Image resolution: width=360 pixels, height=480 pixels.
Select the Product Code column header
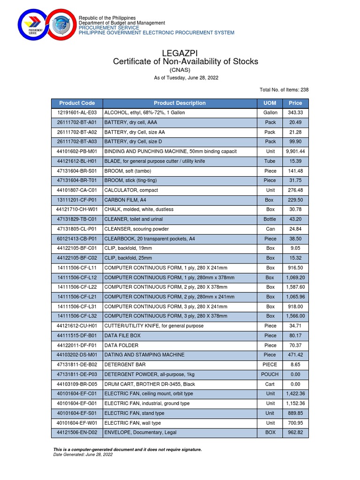point(77,103)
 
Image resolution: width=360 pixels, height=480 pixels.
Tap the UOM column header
point(270,103)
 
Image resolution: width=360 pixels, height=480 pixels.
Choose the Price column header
point(295,103)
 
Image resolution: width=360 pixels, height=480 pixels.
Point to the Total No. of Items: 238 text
point(284,90)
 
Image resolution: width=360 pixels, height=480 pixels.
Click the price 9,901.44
point(295,151)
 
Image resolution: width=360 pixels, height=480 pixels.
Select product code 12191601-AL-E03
point(77,113)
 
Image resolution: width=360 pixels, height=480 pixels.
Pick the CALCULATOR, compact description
point(131,190)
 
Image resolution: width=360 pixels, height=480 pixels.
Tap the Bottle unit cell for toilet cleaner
point(270,219)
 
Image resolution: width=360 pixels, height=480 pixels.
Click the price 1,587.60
point(295,287)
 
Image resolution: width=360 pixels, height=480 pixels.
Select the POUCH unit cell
point(270,375)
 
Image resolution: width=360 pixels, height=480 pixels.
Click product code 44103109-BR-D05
point(77,384)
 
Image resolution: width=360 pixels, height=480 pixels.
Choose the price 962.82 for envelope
point(295,433)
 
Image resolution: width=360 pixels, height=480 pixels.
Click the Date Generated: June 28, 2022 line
point(83,454)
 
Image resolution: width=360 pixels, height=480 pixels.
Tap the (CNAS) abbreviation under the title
point(186,70)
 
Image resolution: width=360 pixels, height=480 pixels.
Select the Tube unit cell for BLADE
point(270,161)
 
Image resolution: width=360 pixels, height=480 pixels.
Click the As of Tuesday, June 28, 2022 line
point(186,78)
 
